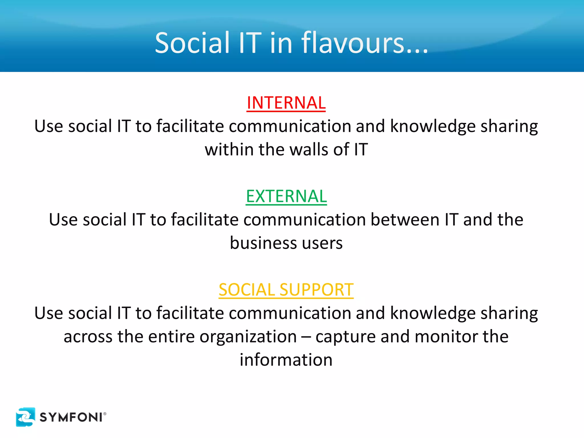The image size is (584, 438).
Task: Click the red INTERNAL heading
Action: tap(286, 103)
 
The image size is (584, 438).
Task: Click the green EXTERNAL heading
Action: tap(286, 196)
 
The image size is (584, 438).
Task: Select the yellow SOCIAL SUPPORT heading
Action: tap(286, 290)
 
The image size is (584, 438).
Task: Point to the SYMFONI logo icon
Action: tap(26, 417)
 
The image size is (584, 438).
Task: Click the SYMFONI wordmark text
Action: tap(71, 417)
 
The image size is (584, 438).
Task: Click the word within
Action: tap(229, 150)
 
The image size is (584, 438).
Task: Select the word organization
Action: tap(248, 337)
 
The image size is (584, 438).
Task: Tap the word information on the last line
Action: tap(286, 360)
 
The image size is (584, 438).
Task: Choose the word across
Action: tap(88, 337)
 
